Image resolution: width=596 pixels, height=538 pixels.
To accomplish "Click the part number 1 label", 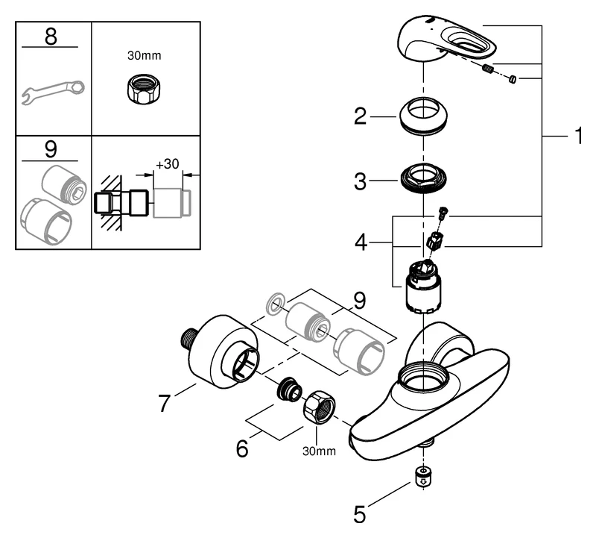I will point(577,137).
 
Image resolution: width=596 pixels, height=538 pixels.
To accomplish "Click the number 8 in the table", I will point(51,37).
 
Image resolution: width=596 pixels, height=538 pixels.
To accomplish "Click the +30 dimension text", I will point(168,164).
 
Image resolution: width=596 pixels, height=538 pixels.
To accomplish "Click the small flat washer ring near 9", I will point(275,303).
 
